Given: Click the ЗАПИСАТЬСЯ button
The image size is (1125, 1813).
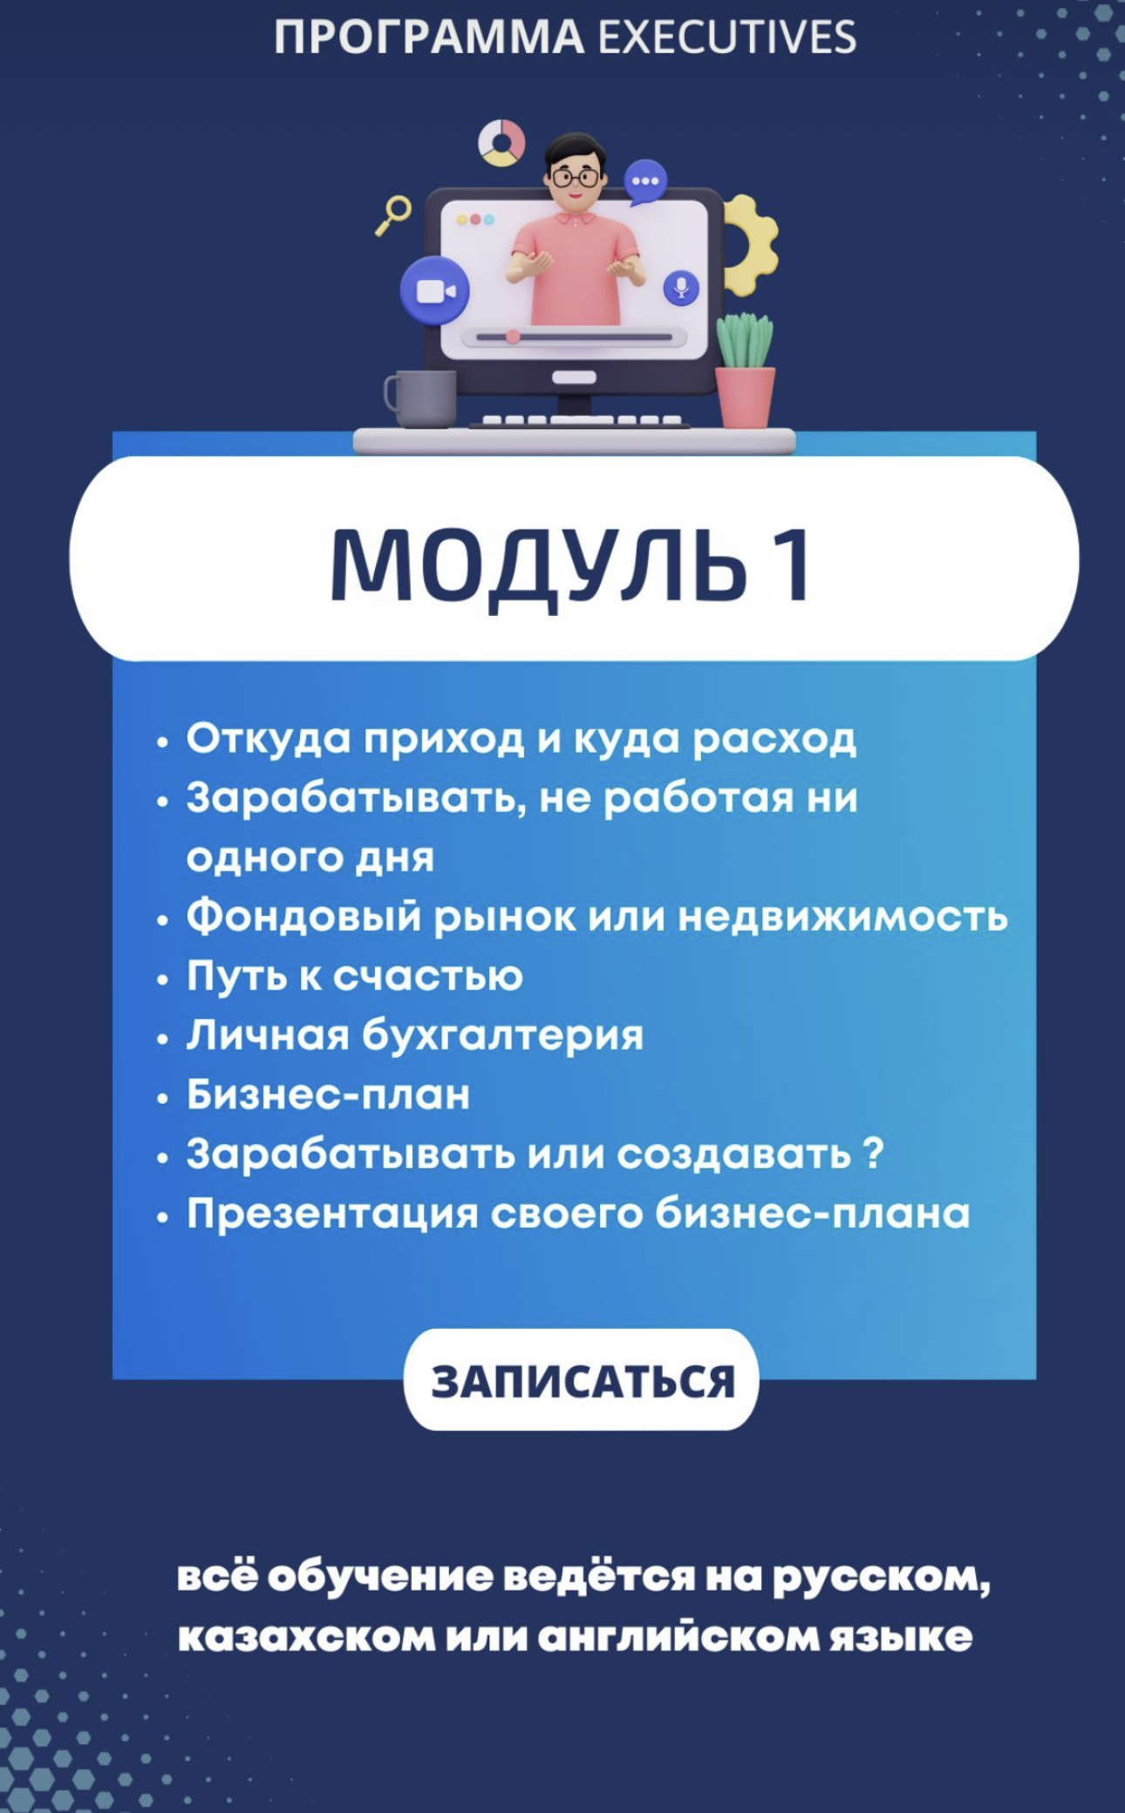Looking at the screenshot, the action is tap(581, 1380).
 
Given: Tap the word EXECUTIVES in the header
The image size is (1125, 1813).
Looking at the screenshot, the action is tap(727, 38).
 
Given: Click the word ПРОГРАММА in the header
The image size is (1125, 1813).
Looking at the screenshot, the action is tap(429, 38).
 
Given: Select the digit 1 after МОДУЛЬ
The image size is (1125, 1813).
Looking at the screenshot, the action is tap(795, 566).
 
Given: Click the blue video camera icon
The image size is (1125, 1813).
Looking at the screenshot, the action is tap(434, 291).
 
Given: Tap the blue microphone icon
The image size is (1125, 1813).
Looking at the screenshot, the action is tap(681, 288).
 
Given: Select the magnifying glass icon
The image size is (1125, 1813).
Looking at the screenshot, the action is tap(394, 215).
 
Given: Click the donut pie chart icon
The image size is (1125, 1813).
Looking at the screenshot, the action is tap(501, 142).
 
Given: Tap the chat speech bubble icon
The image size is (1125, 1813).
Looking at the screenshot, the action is tap(645, 182).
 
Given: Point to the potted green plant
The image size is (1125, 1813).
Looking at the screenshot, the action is tap(745, 370).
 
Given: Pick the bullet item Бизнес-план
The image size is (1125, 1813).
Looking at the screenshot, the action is tap(328, 1094).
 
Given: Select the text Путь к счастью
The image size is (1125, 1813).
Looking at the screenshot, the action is tap(354, 975).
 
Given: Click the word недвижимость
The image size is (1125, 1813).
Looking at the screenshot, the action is tap(842, 916).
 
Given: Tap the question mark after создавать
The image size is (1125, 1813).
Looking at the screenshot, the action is tap(873, 1153).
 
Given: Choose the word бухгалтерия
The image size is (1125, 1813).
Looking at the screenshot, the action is tap(502, 1036).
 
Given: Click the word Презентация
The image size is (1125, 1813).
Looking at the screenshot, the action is tap(332, 1214).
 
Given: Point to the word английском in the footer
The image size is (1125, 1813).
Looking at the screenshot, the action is tap(677, 1637).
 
